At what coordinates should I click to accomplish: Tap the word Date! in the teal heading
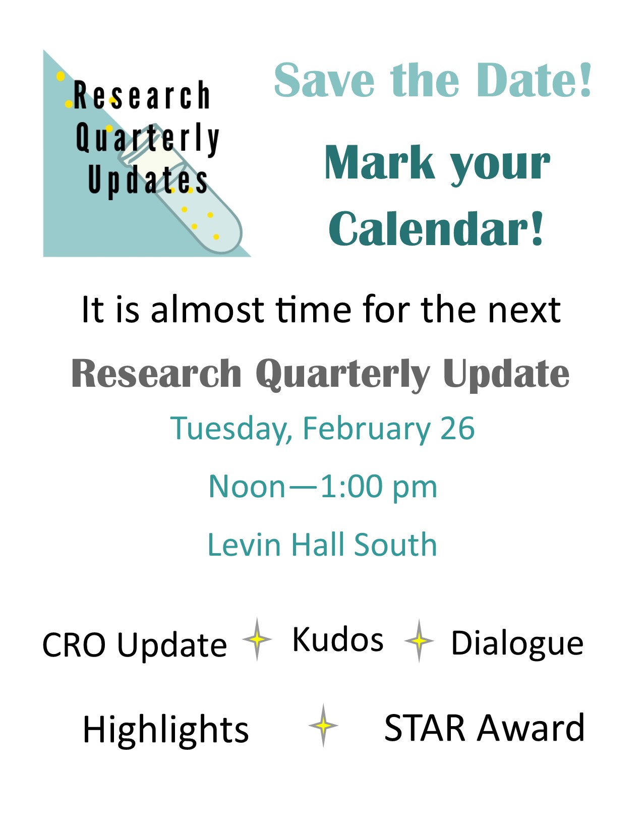click(x=535, y=80)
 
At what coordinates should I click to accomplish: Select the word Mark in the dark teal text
click(x=380, y=162)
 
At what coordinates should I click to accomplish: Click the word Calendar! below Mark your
click(x=436, y=228)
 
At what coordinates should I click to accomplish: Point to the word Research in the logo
click(x=141, y=95)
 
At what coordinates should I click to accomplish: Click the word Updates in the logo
click(x=148, y=181)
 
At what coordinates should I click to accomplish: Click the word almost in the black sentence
click(x=207, y=310)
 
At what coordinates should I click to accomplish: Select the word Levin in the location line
click(x=244, y=544)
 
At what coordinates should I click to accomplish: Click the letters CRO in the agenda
click(x=74, y=644)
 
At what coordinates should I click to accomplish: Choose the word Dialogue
click(x=517, y=644)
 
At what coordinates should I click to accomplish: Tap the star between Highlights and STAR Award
click(x=323, y=725)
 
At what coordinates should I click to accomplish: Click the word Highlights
click(x=166, y=730)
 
